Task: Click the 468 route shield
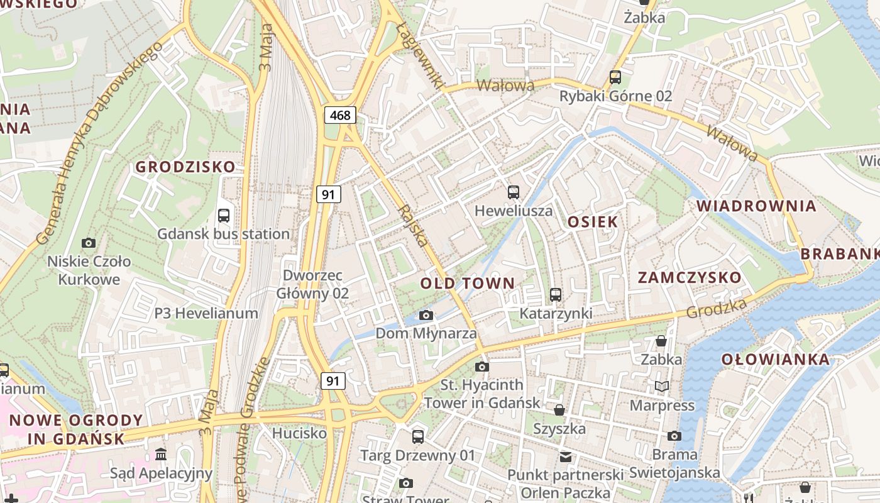tap(341, 115)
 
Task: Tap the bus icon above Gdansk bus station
tap(223, 216)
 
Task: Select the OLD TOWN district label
tap(467, 284)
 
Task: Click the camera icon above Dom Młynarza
tap(426, 315)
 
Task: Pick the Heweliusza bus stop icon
tap(514, 192)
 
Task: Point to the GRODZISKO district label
tap(185, 167)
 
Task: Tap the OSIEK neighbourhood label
tap(593, 222)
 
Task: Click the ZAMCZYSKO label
tap(690, 278)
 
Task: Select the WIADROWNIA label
tap(756, 206)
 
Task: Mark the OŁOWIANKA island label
tap(775, 360)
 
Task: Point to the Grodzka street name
tap(717, 308)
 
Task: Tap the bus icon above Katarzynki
tap(555, 294)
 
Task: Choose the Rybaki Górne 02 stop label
tap(616, 96)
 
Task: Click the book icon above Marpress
tap(661, 386)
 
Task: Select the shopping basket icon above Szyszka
tap(559, 411)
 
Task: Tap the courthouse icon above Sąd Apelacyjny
tap(161, 454)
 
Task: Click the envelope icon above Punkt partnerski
tap(566, 456)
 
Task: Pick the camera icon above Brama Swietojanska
tap(674, 436)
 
